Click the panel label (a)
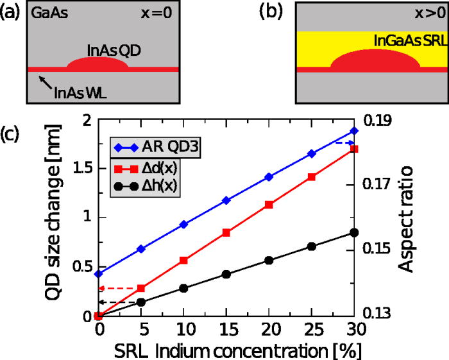click(x=11, y=13)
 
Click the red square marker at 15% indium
click(x=226, y=232)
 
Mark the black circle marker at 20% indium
click(x=269, y=260)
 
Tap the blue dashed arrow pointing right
click(x=346, y=142)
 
